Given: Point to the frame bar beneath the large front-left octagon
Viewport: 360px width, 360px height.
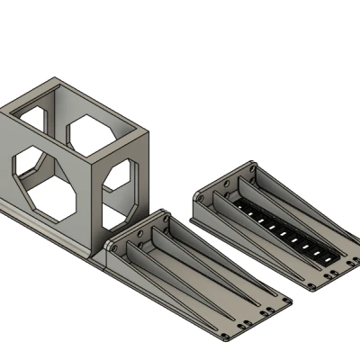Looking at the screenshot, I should pos(54,230).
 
